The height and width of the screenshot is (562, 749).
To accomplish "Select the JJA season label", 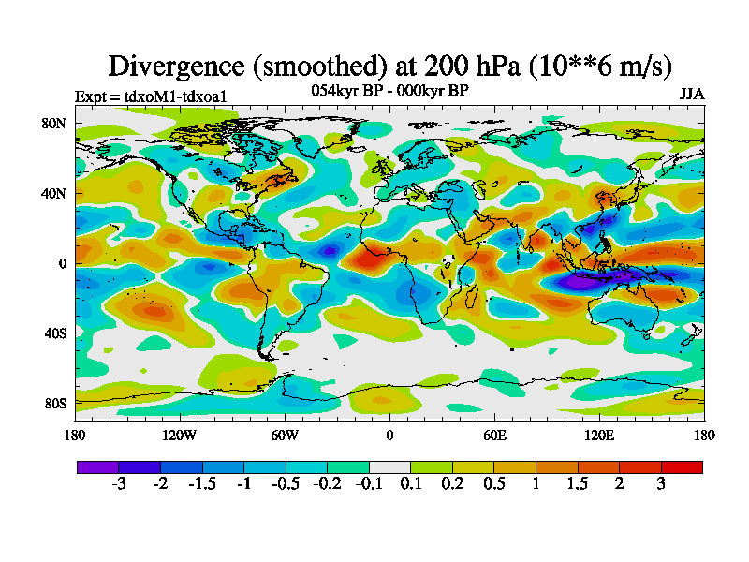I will (692, 95).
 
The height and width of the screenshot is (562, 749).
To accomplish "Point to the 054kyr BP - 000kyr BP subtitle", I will (389, 91).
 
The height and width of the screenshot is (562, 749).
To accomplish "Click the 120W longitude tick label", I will (179, 435).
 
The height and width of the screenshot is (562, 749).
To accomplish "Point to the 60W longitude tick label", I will (284, 435).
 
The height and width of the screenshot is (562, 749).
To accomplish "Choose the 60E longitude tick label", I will (494, 435).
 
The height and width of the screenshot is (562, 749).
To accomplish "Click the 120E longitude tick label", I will (599, 435).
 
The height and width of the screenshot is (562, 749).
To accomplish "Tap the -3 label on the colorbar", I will (119, 484).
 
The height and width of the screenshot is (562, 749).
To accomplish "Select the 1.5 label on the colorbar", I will (578, 484).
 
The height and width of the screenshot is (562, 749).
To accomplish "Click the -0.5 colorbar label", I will (286, 484).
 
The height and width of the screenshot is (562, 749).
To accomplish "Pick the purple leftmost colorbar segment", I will (97, 466).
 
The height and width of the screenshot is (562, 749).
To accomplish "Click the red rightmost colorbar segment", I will (682, 466).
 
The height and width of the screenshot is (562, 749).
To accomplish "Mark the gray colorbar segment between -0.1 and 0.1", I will (389, 466).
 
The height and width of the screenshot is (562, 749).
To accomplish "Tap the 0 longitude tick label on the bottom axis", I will (389, 435).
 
